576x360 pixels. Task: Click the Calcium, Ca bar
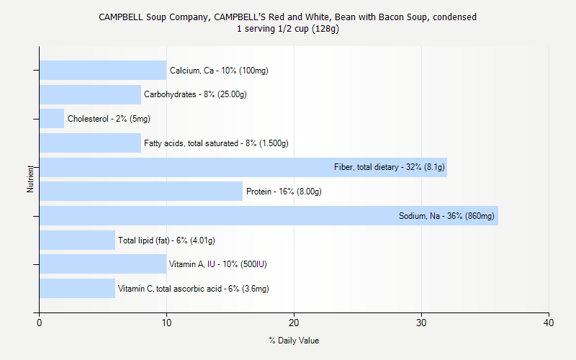click(102, 71)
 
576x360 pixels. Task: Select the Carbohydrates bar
click(90, 94)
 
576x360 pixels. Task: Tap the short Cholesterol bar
click(52, 119)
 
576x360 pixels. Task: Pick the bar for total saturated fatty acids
click(90, 143)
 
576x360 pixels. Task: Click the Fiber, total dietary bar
click(243, 167)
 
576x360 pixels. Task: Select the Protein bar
click(140, 192)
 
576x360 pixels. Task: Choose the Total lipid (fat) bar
click(77, 240)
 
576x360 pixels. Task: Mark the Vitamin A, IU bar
click(102, 264)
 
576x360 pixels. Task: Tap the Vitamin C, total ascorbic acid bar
click(77, 288)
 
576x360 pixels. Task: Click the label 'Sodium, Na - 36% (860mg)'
click(446, 216)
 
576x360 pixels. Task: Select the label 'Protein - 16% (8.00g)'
click(284, 192)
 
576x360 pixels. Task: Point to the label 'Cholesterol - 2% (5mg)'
click(109, 119)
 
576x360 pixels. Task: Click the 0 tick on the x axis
click(39, 324)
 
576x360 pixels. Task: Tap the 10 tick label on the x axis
click(166, 324)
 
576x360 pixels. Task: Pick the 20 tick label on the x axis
click(294, 324)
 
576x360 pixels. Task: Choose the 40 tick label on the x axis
click(549, 324)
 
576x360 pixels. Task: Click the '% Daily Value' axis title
click(294, 341)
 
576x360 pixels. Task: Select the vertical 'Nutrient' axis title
click(30, 179)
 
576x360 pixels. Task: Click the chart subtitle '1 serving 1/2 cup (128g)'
click(288, 29)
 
